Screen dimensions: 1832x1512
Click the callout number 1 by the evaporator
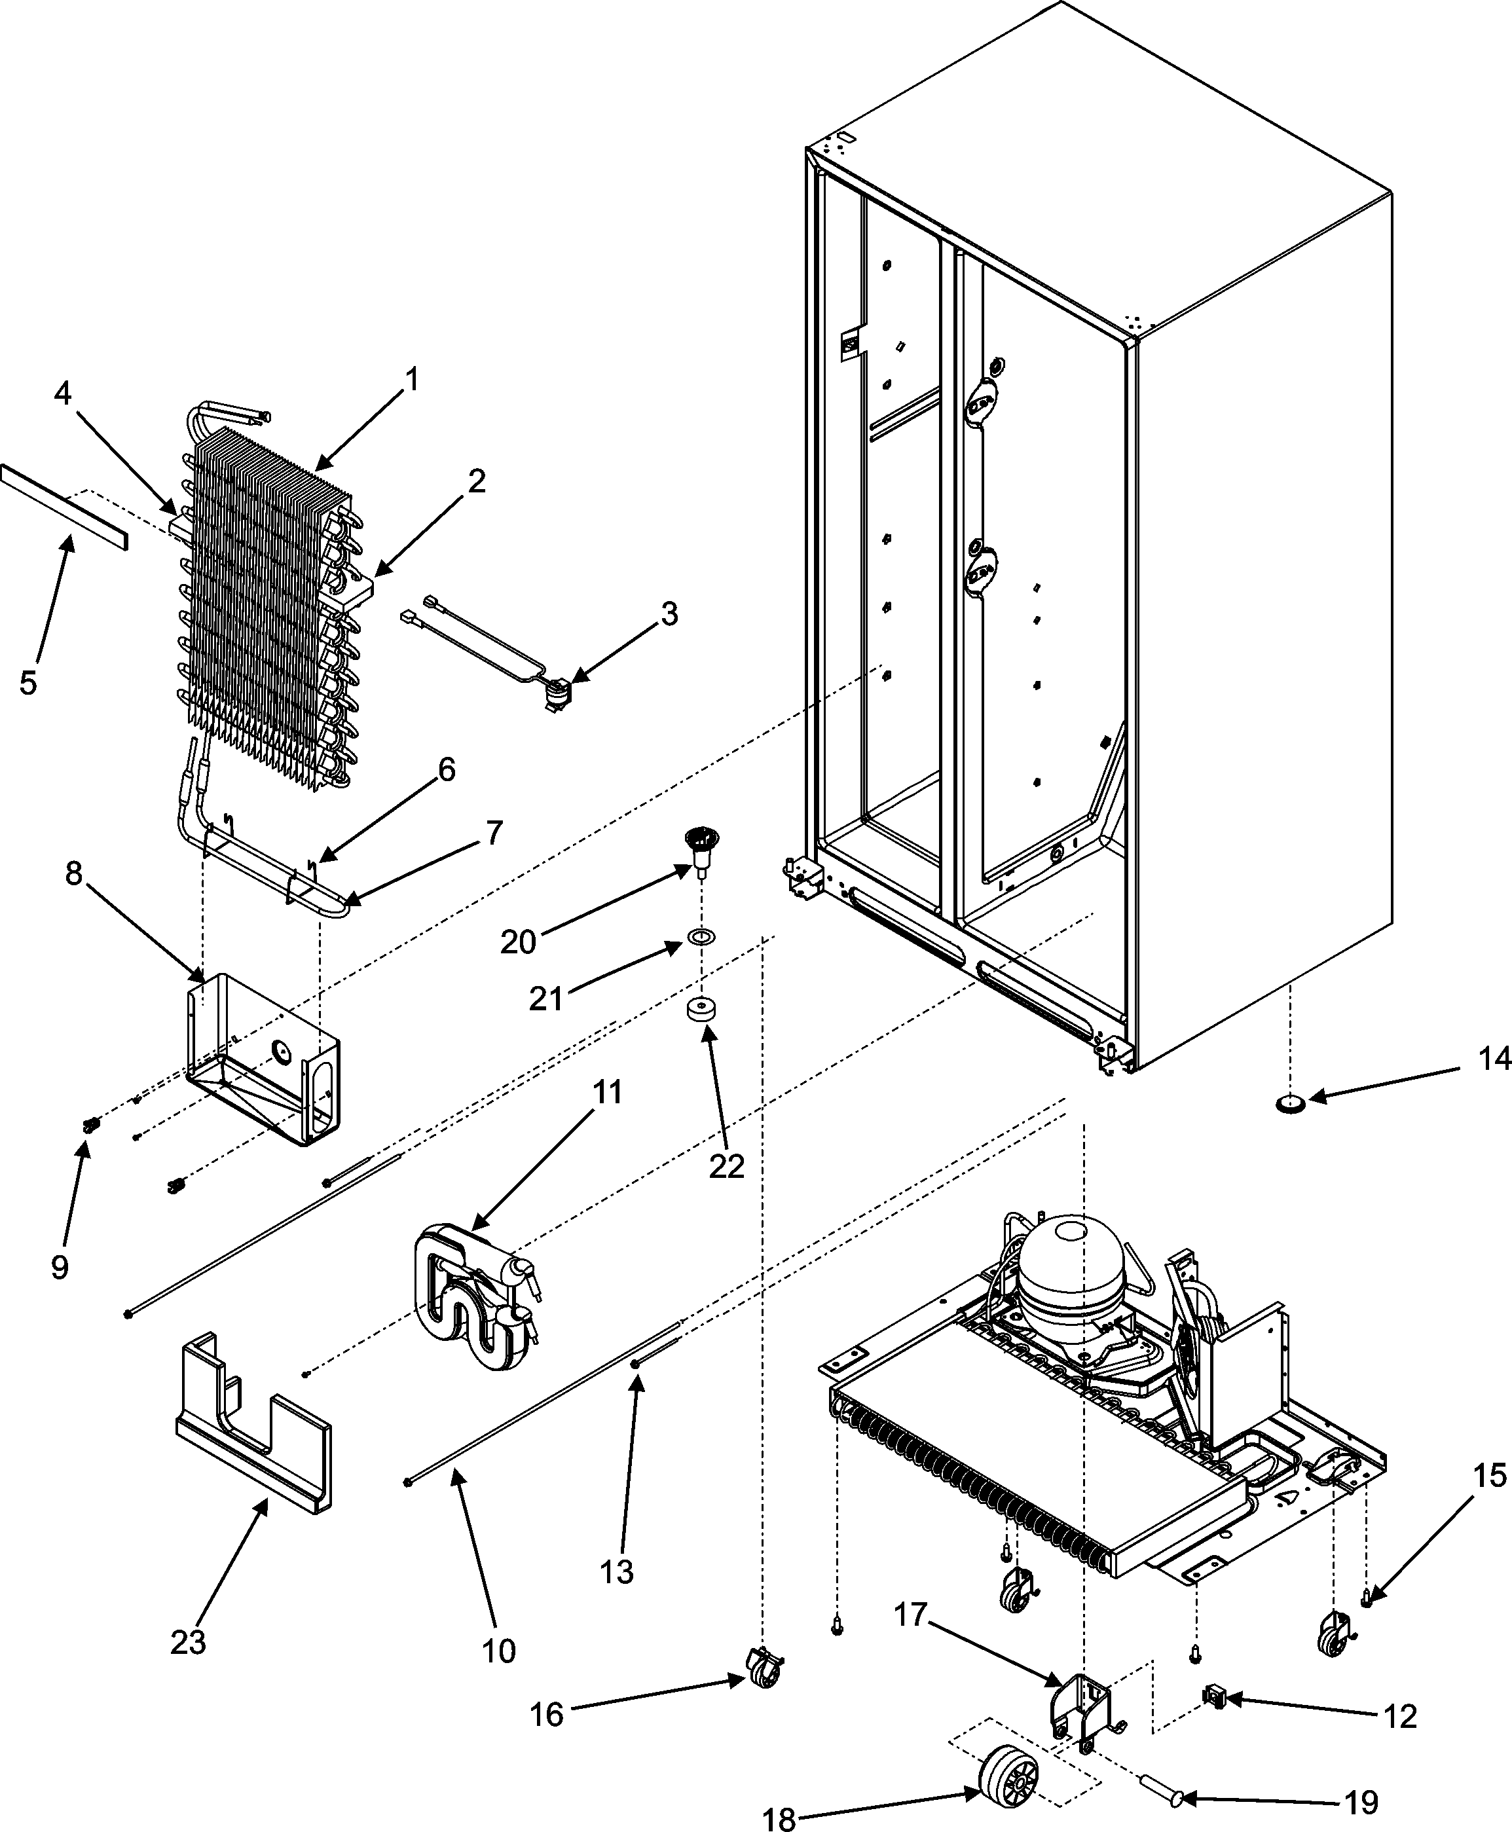pos(412,380)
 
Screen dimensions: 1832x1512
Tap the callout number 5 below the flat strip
pos(28,683)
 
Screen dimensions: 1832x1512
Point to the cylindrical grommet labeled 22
pos(699,1014)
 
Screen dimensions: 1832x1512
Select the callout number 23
pos(188,1642)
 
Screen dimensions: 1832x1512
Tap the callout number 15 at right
pos(1490,1476)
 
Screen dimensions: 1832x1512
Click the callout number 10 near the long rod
pos(499,1650)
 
